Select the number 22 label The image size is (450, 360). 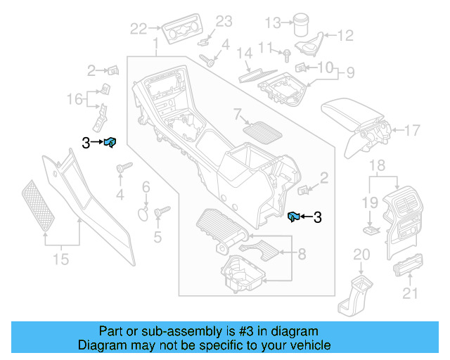click(x=139, y=28)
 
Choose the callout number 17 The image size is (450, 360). click(x=411, y=129)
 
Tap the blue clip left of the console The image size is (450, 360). click(x=110, y=143)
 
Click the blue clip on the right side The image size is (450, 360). click(x=295, y=217)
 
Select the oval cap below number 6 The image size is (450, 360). click(x=142, y=213)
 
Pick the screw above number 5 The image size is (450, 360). click(x=159, y=210)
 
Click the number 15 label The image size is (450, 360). click(x=61, y=259)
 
